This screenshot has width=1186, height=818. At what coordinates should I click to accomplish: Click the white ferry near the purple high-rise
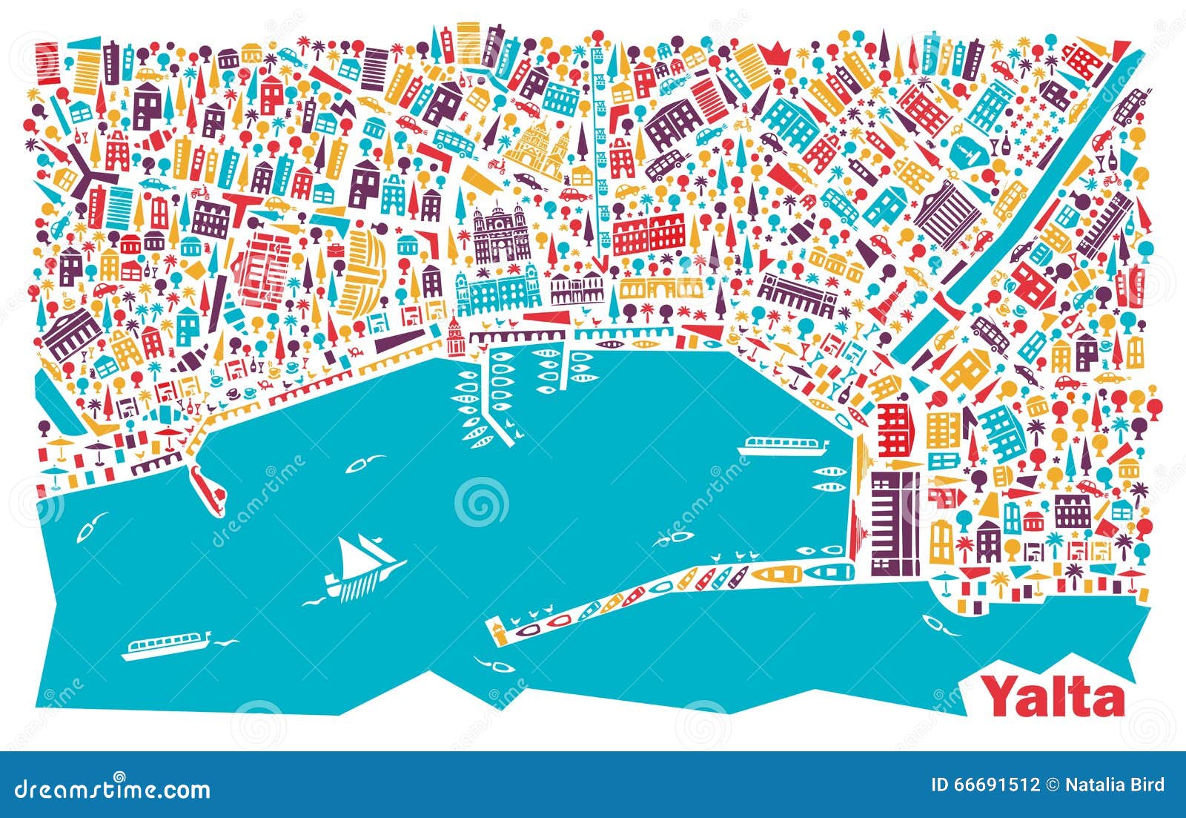point(784,446)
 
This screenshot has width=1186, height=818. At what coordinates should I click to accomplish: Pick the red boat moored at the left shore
point(207,489)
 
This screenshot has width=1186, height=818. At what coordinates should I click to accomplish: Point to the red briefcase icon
point(337,249)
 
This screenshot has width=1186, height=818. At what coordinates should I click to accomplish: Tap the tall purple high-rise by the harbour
point(894,523)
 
